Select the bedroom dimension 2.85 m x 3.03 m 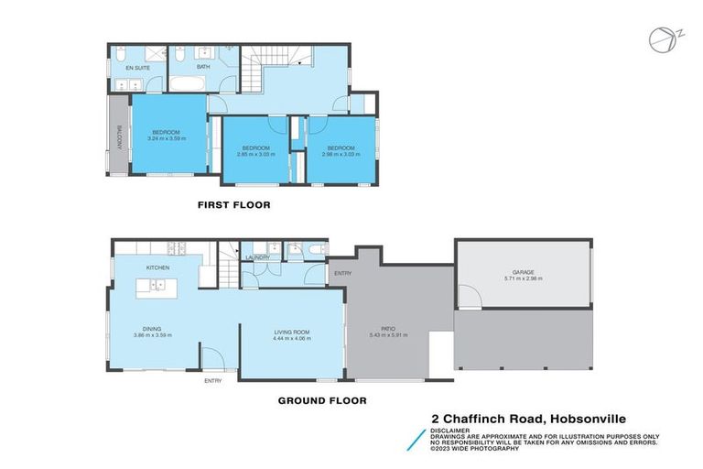(255, 154)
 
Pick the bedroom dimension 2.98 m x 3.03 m (341, 154)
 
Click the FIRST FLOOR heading (234, 204)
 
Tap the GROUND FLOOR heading (322, 399)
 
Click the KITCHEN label (157, 267)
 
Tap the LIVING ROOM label (293, 332)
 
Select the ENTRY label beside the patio (342, 273)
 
